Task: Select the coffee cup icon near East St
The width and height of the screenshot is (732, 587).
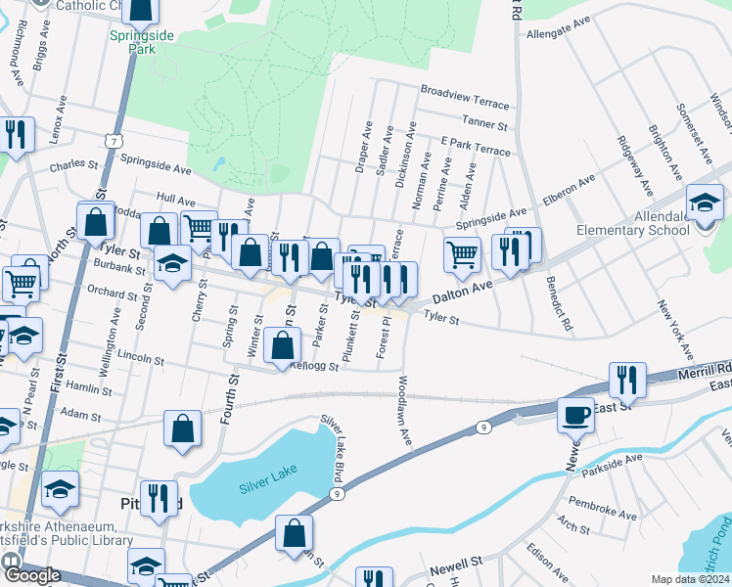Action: click(575, 415)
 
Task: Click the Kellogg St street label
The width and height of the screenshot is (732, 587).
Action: click(314, 368)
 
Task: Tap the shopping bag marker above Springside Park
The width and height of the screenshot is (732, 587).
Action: click(142, 9)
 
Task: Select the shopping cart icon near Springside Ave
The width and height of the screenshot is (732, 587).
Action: click(463, 254)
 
